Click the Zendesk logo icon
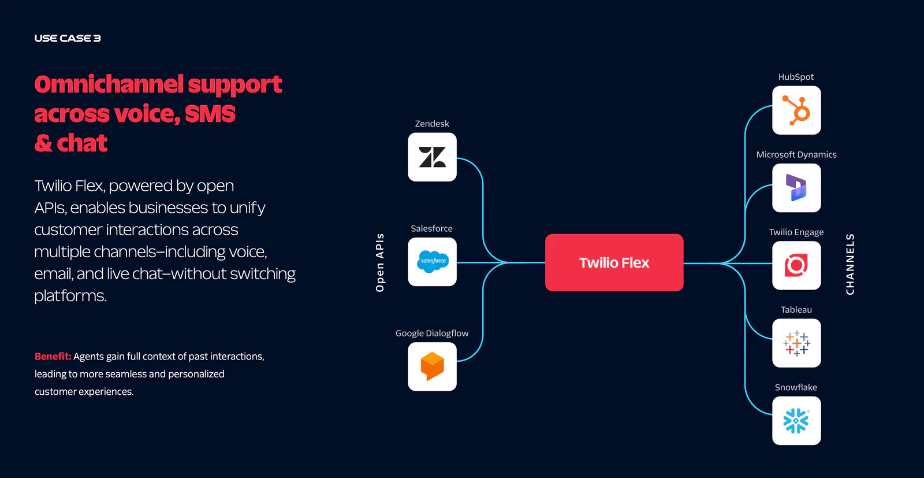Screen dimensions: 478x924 (x=432, y=157)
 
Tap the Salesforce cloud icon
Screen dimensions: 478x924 (x=433, y=262)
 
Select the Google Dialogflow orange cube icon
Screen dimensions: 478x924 (x=432, y=366)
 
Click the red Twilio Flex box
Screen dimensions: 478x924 (x=614, y=262)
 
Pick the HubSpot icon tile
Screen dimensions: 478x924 (x=796, y=110)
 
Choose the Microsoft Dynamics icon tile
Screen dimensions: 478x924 (x=796, y=188)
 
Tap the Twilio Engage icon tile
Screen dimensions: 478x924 (x=796, y=265)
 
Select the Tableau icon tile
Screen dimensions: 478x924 (x=796, y=343)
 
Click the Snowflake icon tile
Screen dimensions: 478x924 (x=796, y=421)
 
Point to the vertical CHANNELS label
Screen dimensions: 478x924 (x=850, y=264)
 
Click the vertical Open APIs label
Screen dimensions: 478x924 (x=379, y=262)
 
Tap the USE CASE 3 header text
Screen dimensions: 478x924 (x=68, y=38)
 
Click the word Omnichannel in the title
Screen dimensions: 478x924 (x=109, y=84)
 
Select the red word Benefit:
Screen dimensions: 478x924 (x=53, y=357)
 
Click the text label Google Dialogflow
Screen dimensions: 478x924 (x=432, y=334)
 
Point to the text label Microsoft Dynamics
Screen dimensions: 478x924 (x=796, y=154)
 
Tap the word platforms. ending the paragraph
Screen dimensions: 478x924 (x=70, y=296)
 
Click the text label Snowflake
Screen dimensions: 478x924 (x=796, y=387)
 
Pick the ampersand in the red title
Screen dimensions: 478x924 (x=43, y=143)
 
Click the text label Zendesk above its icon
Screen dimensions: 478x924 (x=432, y=124)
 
